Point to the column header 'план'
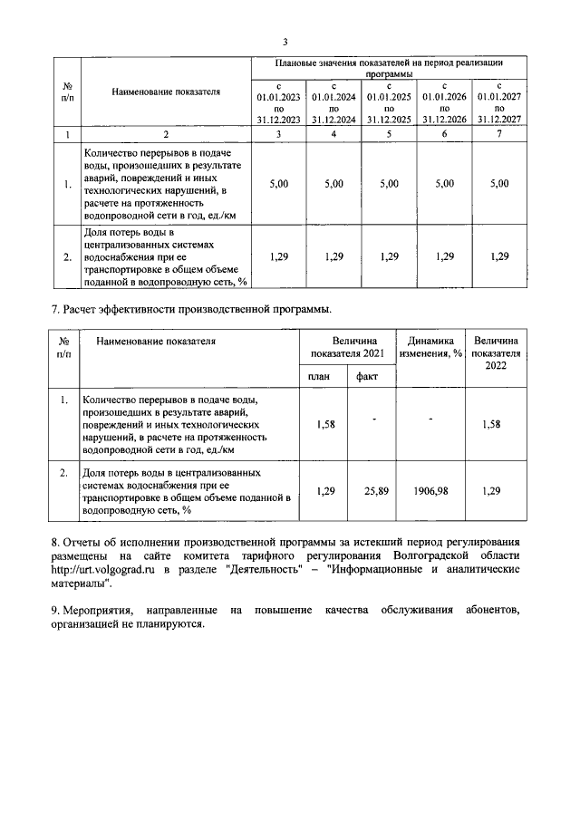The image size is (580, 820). click(318, 376)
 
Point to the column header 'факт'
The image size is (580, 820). click(367, 376)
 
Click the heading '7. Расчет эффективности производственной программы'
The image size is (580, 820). click(190, 310)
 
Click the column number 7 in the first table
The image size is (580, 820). click(500, 134)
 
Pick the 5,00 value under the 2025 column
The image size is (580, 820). click(389, 183)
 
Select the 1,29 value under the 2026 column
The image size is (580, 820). click(444, 256)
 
